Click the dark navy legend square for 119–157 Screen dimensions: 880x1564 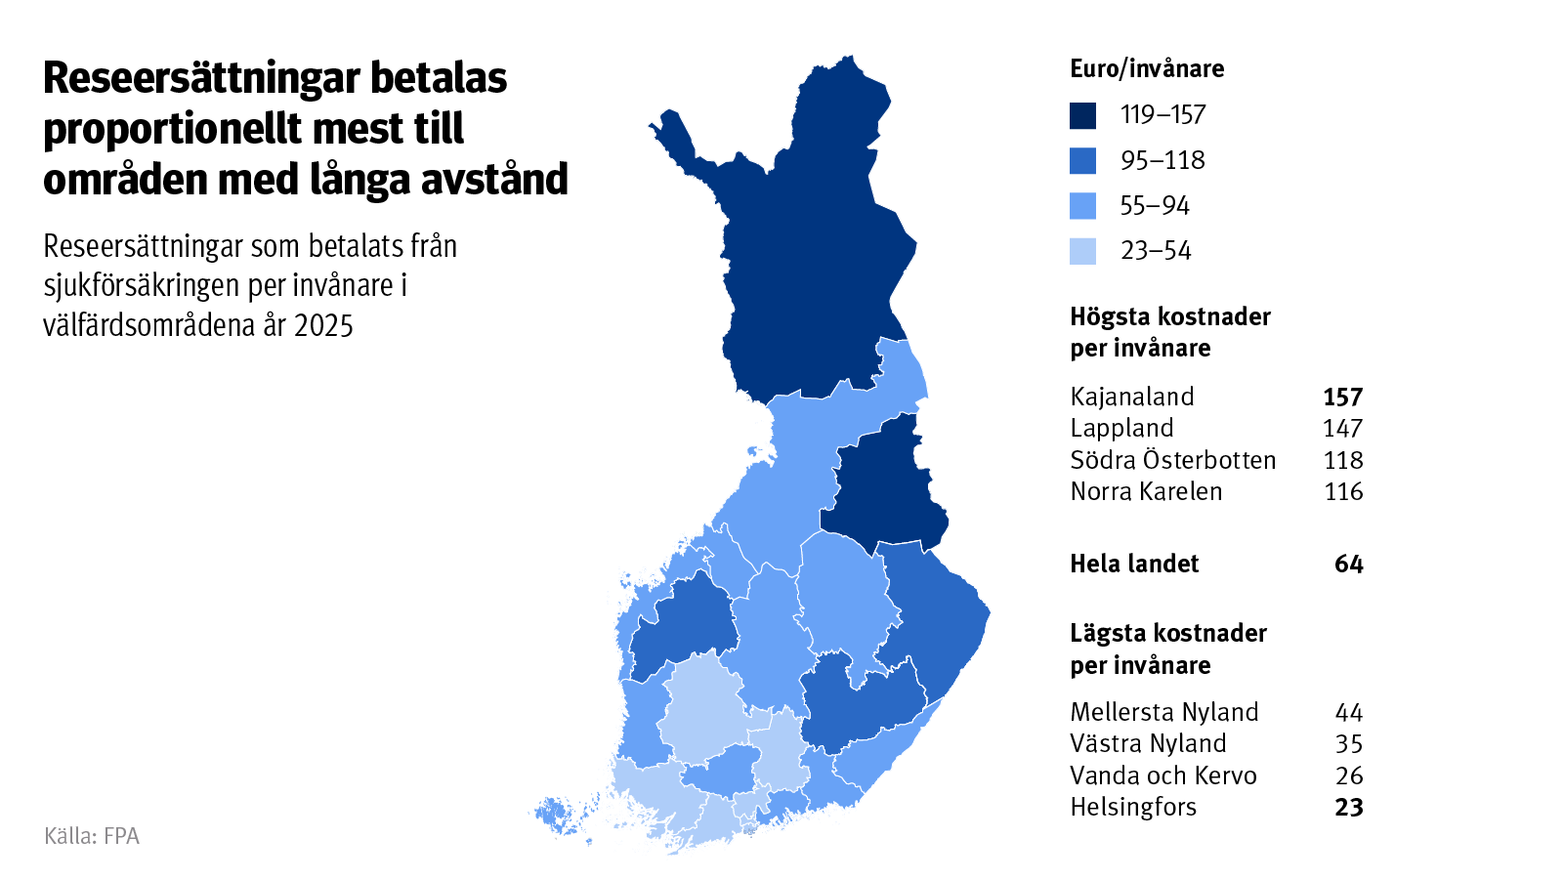pyautogui.click(x=1082, y=115)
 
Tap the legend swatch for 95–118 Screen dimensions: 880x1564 pyautogui.click(x=1082, y=160)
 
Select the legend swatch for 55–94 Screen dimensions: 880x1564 pyautogui.click(x=1082, y=206)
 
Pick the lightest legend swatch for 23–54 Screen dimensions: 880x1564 pyautogui.click(x=1082, y=251)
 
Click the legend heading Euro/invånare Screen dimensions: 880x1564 pyautogui.click(x=1147, y=68)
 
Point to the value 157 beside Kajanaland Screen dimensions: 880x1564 pyautogui.click(x=1342, y=397)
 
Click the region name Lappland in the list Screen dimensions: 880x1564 pyautogui.click(x=1121, y=428)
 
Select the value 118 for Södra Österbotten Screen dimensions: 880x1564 pyautogui.click(x=1343, y=460)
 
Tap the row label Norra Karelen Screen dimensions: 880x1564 pyautogui.click(x=1146, y=491)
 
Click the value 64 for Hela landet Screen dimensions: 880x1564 pyautogui.click(x=1348, y=564)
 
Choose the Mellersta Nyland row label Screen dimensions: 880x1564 pyautogui.click(x=1164, y=712)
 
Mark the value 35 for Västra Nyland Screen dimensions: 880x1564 pyautogui.click(x=1348, y=744)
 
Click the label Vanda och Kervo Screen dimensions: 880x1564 pyautogui.click(x=1163, y=775)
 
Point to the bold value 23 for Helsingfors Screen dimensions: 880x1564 pyautogui.click(x=1348, y=808)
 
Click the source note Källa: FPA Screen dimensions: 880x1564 pyautogui.click(x=92, y=836)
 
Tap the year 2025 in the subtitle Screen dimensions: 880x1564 pyautogui.click(x=323, y=325)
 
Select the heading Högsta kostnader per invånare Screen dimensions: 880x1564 pyautogui.click(x=1169, y=332)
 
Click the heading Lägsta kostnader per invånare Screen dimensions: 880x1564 pyautogui.click(x=1167, y=649)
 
